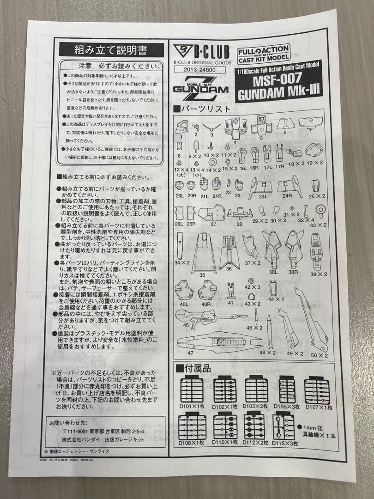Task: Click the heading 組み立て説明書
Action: [x=110, y=49]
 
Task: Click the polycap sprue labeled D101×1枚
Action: [x=192, y=391]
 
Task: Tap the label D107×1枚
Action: [x=318, y=407]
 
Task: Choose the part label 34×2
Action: [x=183, y=262]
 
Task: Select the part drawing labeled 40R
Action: [x=207, y=291]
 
